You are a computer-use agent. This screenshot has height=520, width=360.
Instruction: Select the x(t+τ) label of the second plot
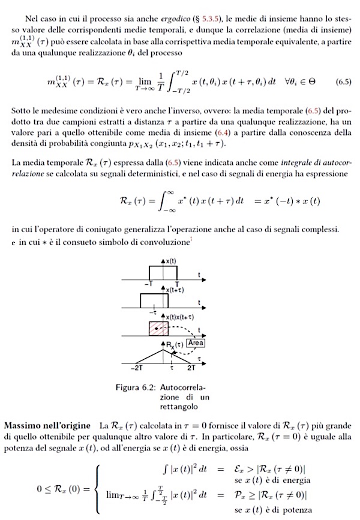[x=174, y=290]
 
